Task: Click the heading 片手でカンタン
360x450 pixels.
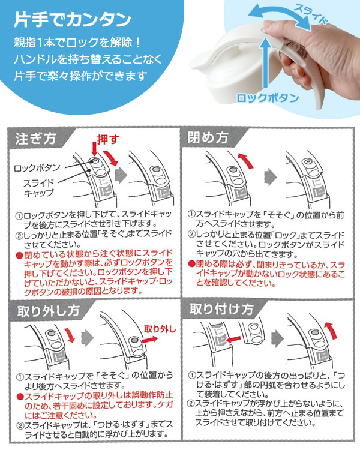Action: pyautogui.click(x=73, y=20)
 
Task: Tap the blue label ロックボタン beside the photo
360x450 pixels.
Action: pyautogui.click(x=267, y=98)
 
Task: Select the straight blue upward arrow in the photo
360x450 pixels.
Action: pyautogui.click(x=266, y=61)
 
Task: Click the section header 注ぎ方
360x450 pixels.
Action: pyautogui.click(x=35, y=139)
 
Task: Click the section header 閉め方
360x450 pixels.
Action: pyautogui.click(x=208, y=137)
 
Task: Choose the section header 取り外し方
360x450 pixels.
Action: pyautogui.click(x=48, y=311)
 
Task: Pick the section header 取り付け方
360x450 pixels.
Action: pyautogui.click(x=221, y=309)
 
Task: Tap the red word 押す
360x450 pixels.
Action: pyautogui.click(x=108, y=140)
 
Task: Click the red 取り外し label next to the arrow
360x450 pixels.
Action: pyautogui.click(x=160, y=329)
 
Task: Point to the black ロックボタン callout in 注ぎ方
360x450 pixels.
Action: pyautogui.click(x=37, y=167)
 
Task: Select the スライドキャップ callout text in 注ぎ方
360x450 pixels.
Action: pyautogui.click(x=39, y=188)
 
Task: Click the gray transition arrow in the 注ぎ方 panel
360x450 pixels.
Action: pyautogui.click(x=121, y=176)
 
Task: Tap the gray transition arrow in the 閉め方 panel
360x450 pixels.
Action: pyautogui.click(x=271, y=176)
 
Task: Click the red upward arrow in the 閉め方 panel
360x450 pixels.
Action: pyautogui.click(x=246, y=160)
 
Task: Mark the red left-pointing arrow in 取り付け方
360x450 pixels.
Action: pyautogui.click(x=233, y=339)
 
